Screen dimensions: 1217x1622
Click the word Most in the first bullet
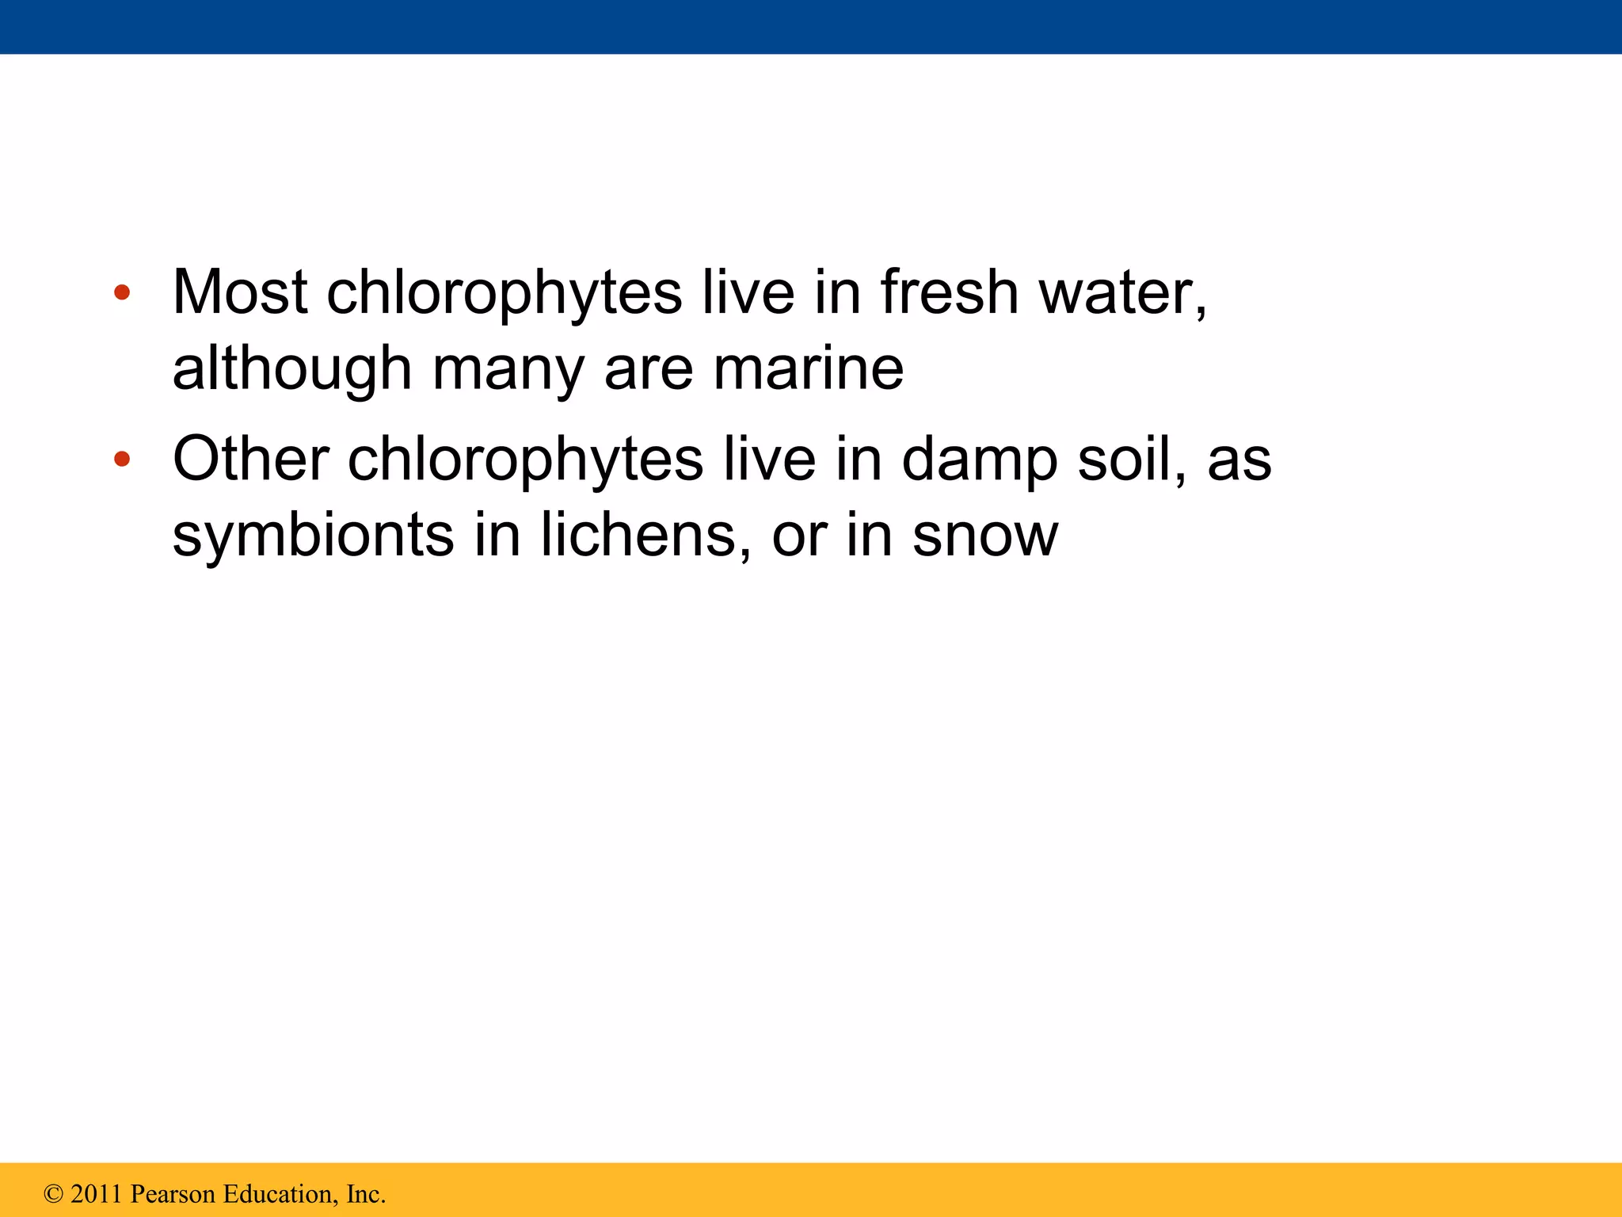pos(239,292)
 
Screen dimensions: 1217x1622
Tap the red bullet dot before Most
pos(122,293)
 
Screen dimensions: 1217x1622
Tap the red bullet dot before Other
pos(122,459)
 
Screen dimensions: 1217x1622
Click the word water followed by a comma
pos(1122,292)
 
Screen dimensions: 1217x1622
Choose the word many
pos(508,369)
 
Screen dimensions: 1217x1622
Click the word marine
pos(808,369)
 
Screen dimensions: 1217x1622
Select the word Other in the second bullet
pos(250,459)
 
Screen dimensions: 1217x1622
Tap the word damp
pos(980,459)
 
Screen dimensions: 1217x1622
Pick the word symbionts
pos(313,536)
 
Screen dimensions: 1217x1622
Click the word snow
pos(984,536)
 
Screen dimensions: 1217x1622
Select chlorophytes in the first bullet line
pos(504,292)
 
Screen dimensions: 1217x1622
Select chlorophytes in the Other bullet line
pos(525,459)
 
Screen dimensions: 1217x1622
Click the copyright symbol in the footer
pos(53,1194)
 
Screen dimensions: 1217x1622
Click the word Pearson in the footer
pos(172,1194)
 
